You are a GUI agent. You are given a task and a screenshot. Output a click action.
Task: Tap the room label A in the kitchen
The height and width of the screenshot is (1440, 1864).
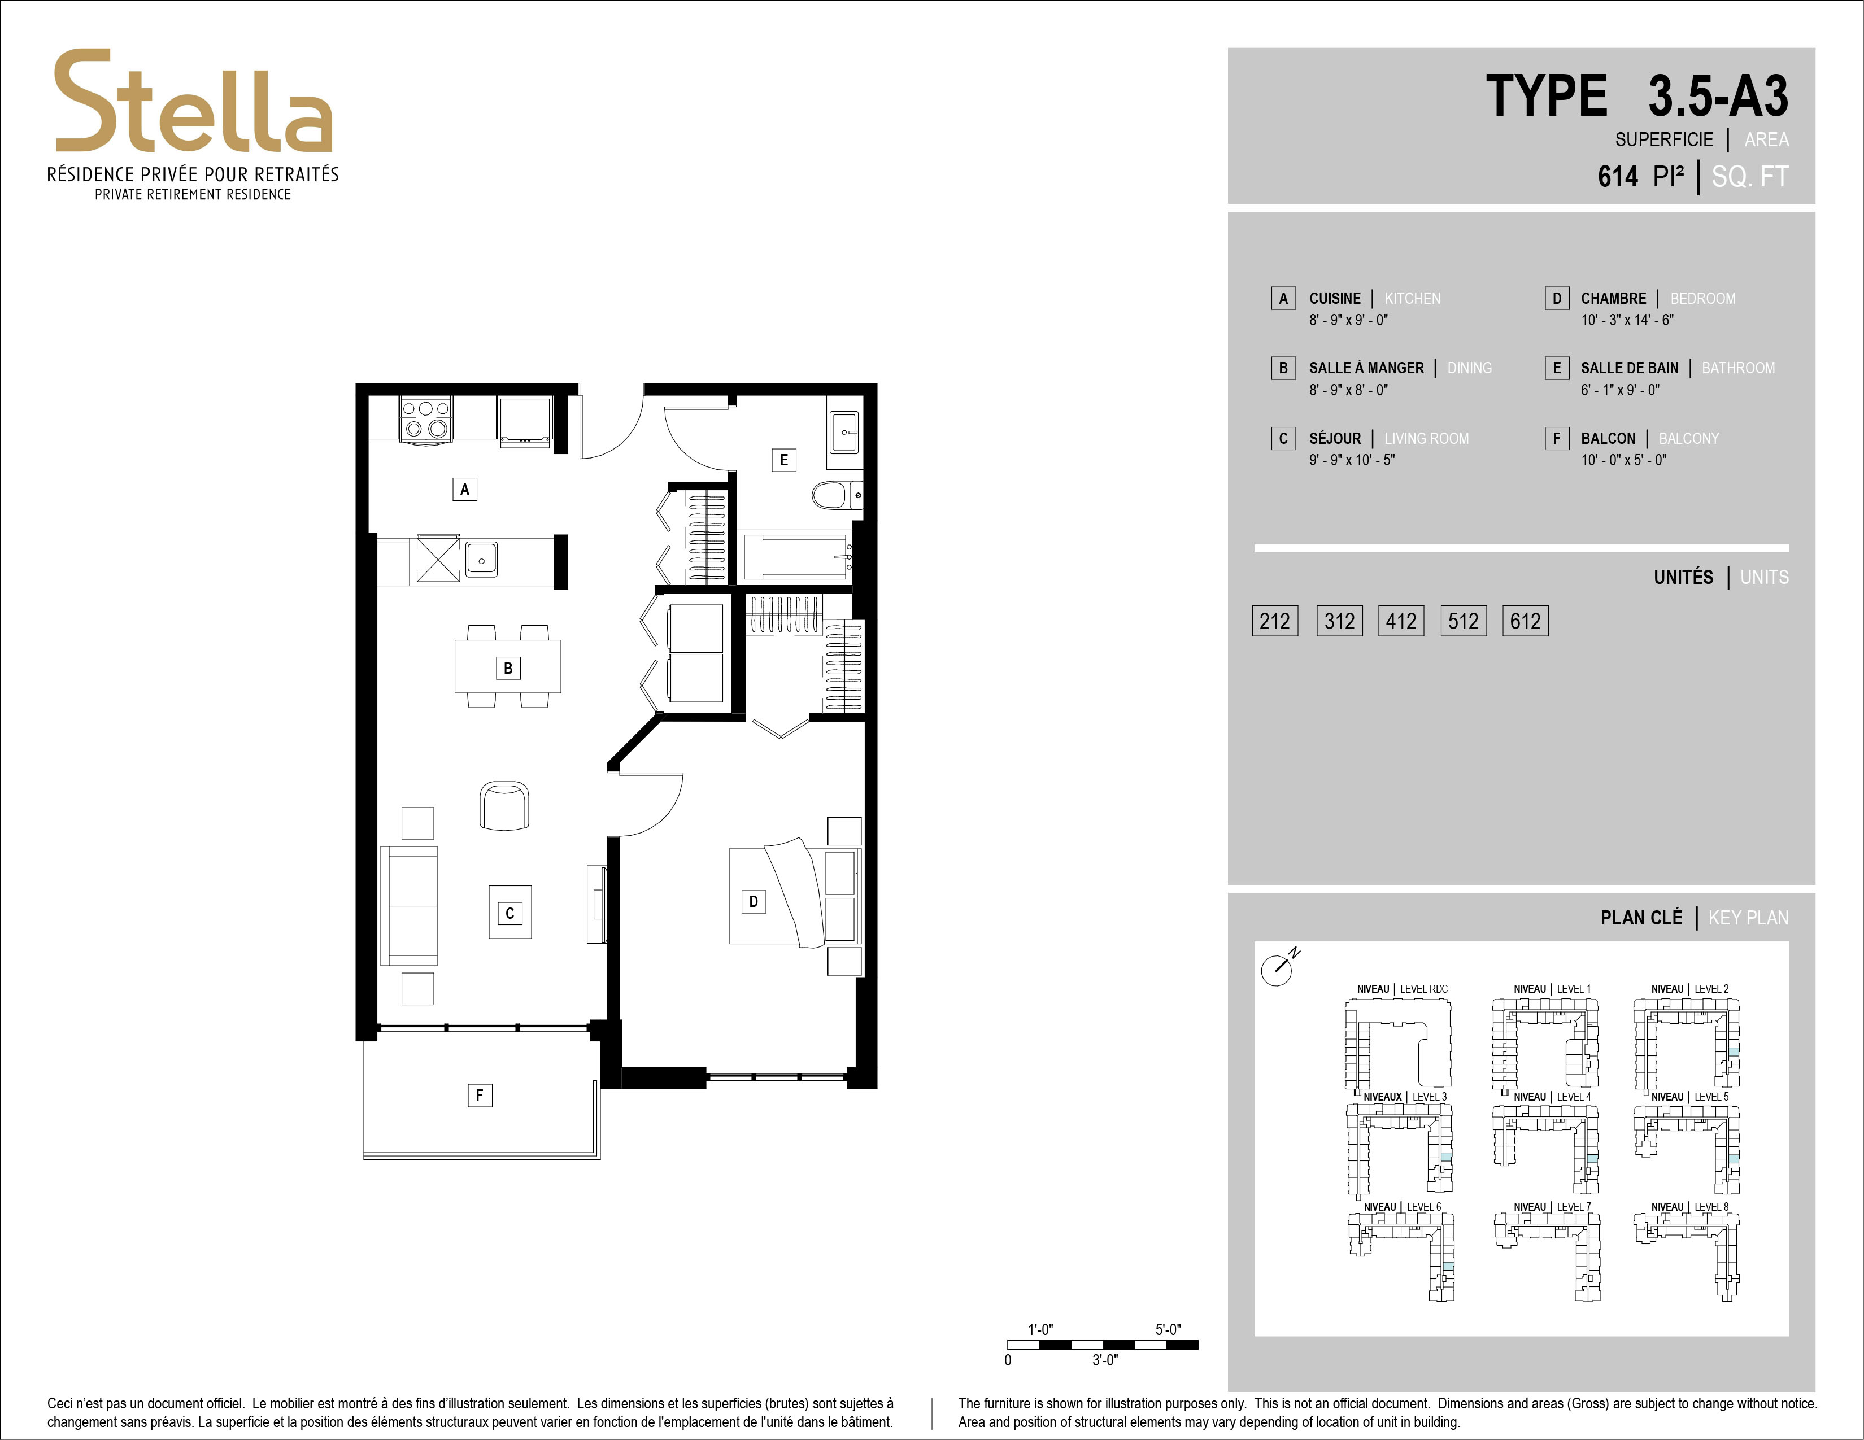464,489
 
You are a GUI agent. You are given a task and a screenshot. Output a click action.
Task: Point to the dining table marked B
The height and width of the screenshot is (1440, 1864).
508,666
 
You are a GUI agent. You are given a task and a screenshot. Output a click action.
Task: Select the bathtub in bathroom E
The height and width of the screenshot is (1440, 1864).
795,557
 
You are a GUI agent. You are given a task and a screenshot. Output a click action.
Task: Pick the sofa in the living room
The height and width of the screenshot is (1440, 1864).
409,906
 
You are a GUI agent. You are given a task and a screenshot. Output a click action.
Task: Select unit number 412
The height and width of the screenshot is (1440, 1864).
1401,621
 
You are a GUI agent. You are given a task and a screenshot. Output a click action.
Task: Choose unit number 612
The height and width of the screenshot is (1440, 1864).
1525,621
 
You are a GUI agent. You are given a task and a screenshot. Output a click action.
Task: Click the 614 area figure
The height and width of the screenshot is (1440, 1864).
1618,177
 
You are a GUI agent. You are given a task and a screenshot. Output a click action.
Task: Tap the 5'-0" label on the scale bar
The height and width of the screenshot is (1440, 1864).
1168,1329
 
